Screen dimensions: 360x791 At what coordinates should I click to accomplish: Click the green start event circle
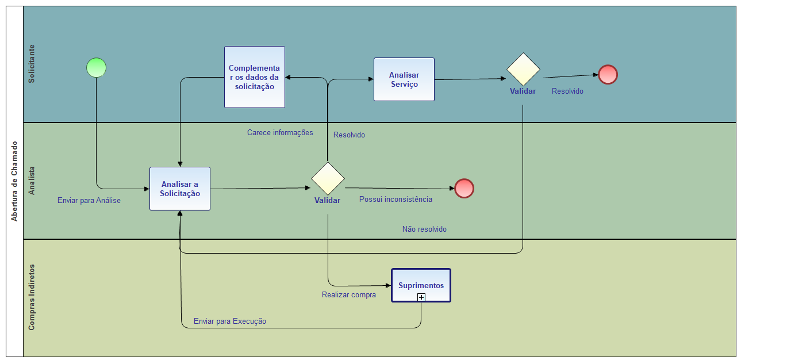[x=97, y=68]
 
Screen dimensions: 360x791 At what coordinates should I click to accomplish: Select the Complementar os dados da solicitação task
[x=255, y=77]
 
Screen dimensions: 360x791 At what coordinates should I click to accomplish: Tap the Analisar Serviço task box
[x=404, y=79]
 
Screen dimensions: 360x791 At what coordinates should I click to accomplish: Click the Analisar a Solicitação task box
[x=180, y=189]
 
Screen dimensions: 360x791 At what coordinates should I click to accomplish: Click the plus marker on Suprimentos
[x=421, y=297]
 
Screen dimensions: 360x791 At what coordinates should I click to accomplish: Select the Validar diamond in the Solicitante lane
[x=523, y=70]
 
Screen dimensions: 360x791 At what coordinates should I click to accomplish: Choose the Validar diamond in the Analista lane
[x=328, y=178]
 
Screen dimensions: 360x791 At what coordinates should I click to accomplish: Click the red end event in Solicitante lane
[x=608, y=75]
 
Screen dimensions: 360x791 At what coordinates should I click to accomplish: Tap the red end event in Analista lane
[x=464, y=189]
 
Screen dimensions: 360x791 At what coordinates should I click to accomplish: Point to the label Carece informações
[x=280, y=133]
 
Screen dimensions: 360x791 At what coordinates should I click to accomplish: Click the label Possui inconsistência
[x=395, y=200]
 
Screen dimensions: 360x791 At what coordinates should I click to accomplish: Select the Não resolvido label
[x=424, y=229]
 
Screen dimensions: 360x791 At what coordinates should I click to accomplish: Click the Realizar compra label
[x=349, y=295]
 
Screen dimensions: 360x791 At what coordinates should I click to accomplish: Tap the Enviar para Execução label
[x=230, y=321]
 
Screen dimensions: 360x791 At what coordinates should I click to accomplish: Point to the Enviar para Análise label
[x=89, y=201]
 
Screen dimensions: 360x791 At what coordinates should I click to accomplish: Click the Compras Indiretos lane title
[x=32, y=297]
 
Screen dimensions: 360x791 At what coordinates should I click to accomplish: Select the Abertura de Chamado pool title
[x=15, y=181]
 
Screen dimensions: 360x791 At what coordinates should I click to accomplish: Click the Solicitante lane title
[x=32, y=64]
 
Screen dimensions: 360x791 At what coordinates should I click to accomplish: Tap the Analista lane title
[x=32, y=181]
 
